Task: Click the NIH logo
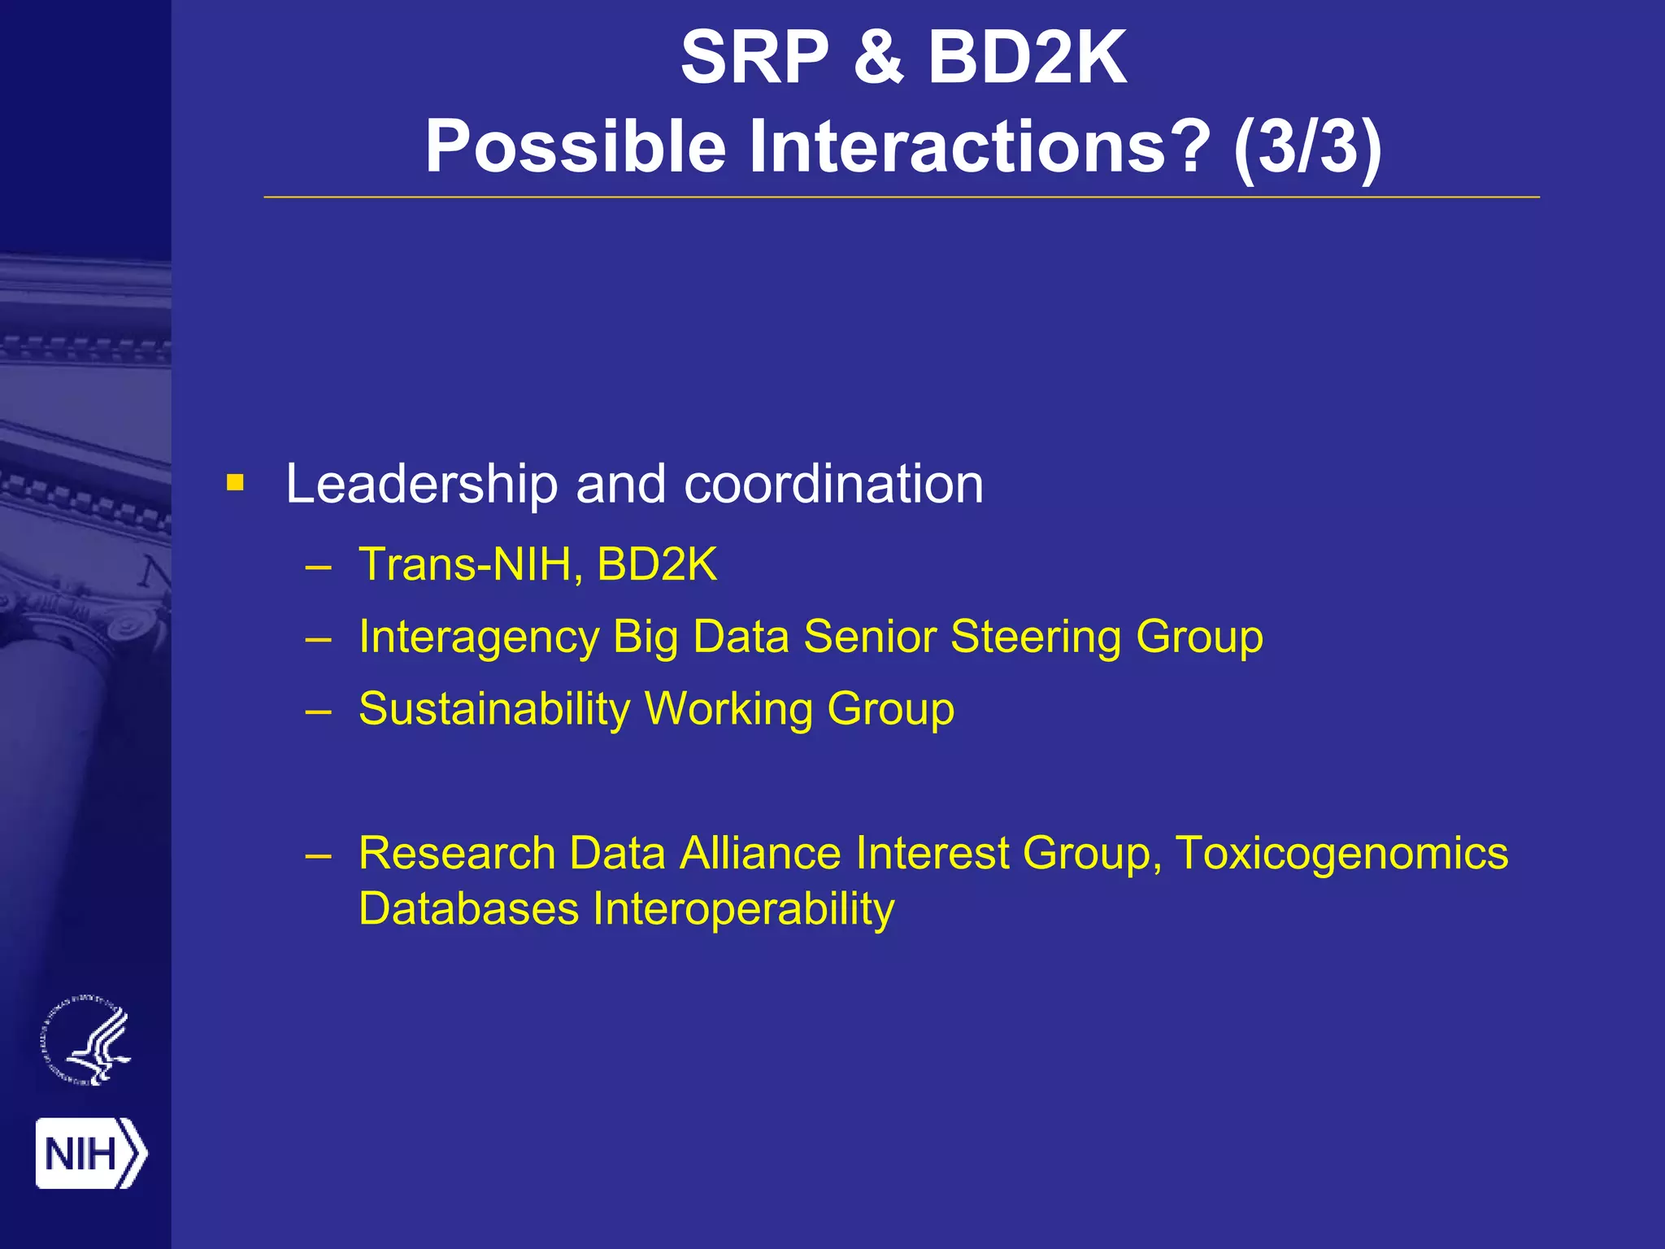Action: tap(91, 1153)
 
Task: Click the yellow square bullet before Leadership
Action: tap(236, 484)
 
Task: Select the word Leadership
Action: tap(421, 485)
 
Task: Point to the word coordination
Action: tap(833, 485)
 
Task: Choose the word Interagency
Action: tap(479, 637)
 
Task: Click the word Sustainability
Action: tap(494, 709)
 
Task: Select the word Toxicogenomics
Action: tap(1341, 854)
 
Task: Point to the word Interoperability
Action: tap(743, 909)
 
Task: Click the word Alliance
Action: tap(760, 854)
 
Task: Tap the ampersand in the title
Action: tap(878, 59)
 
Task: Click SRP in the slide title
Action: tap(754, 59)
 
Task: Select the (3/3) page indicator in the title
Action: tap(1306, 147)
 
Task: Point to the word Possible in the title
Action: tap(575, 147)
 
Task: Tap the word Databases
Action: tap(468, 909)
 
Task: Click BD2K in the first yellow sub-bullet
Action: tap(657, 564)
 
